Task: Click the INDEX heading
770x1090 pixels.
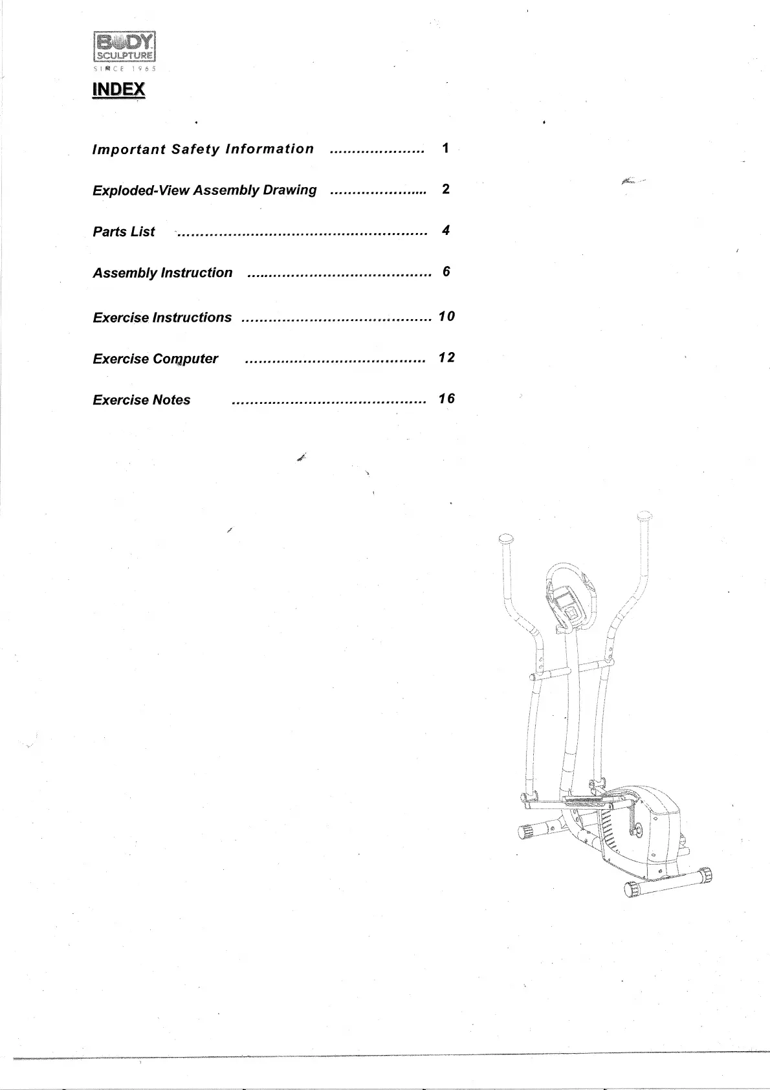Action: coord(119,89)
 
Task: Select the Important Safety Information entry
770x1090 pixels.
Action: coord(203,150)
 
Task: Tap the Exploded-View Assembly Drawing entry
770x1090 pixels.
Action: coord(204,190)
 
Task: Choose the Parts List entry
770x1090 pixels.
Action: coord(124,232)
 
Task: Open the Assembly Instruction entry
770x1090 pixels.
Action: coord(162,273)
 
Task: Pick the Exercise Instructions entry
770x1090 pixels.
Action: coord(162,318)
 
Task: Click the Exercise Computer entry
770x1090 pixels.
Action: coord(155,359)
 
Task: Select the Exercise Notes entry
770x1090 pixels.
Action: coord(141,400)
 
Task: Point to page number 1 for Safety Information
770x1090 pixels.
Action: coord(445,148)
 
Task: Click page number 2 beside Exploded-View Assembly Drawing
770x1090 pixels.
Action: coord(445,189)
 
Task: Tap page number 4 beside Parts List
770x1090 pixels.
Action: coord(446,230)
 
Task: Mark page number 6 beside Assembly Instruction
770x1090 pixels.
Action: coord(446,272)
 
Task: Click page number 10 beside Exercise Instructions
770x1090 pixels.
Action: coord(446,317)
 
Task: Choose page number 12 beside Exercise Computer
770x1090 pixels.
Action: coord(446,358)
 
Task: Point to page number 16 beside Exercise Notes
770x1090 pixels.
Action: coord(446,399)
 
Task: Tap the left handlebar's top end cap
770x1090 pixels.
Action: coord(506,539)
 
